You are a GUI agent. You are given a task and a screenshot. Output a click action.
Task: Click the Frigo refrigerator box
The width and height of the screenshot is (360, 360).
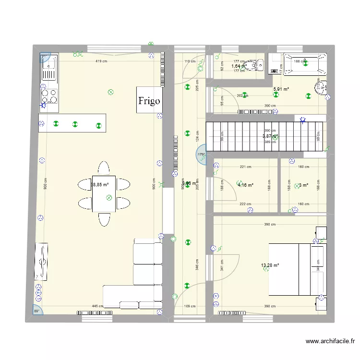click(x=148, y=100)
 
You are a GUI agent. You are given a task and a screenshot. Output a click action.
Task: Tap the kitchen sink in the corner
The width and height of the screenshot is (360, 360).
click(x=48, y=68)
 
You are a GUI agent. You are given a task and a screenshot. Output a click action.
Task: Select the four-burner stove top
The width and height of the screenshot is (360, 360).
click(x=49, y=95)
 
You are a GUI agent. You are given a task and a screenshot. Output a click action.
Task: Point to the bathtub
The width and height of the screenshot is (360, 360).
click(x=304, y=64)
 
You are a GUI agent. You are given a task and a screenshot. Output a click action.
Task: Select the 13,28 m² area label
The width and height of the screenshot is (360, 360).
click(x=270, y=264)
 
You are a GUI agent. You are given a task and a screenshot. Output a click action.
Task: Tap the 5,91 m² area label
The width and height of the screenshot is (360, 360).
click(x=281, y=89)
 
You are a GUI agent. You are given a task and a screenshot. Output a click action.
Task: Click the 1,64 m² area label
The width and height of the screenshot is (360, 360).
click(x=239, y=66)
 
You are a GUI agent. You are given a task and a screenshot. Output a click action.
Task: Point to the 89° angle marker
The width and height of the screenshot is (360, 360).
click(x=37, y=310)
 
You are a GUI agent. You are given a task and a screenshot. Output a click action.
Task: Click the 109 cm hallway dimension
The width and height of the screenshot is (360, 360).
click(x=190, y=306)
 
